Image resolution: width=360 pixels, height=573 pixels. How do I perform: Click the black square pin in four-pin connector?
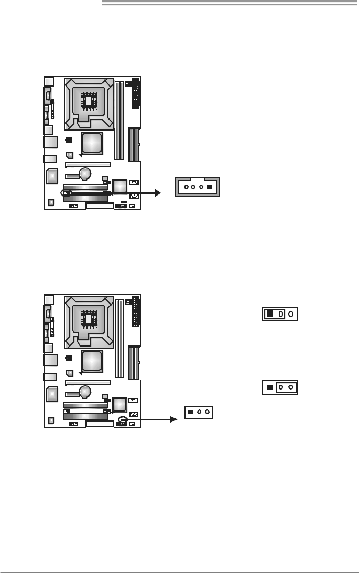(x=210, y=187)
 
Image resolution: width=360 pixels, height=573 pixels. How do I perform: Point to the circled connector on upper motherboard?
(x=66, y=193)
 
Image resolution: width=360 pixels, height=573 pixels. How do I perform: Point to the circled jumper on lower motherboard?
(x=123, y=419)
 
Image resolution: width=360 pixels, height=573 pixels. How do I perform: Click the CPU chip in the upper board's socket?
(x=89, y=101)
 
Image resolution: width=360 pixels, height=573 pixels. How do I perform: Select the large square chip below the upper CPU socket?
(x=91, y=142)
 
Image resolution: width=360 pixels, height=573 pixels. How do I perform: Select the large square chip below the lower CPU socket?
(x=91, y=360)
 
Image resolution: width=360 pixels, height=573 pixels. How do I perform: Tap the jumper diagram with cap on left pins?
(x=280, y=314)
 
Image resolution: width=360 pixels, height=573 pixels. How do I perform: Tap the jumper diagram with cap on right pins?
(x=280, y=387)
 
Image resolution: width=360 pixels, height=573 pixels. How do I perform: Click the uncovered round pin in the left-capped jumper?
(x=291, y=314)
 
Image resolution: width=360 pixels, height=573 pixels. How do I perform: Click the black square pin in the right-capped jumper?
(x=269, y=387)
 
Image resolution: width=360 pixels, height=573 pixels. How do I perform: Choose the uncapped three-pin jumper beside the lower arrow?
(x=199, y=412)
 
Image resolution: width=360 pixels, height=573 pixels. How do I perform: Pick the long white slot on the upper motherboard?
(x=88, y=165)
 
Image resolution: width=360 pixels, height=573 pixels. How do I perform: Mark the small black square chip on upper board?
(x=69, y=140)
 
